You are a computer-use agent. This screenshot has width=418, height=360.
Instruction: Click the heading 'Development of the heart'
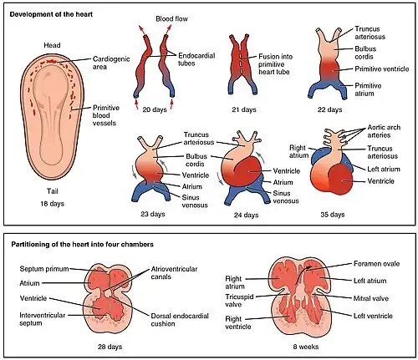(51, 14)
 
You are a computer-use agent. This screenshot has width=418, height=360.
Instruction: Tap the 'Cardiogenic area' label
(111, 63)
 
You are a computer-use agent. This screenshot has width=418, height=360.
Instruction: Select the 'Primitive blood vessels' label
(106, 115)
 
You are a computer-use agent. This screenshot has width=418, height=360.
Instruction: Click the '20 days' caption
(155, 109)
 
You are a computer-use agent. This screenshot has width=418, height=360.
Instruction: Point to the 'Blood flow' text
(171, 19)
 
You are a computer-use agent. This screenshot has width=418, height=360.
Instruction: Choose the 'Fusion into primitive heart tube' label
(275, 64)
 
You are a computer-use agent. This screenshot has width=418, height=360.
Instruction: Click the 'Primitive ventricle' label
(382, 69)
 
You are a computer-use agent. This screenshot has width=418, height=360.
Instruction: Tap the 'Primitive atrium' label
(368, 89)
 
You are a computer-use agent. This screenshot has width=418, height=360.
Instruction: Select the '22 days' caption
(330, 109)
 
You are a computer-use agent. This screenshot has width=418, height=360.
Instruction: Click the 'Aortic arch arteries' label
(384, 131)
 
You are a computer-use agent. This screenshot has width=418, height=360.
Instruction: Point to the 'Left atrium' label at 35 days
(384, 169)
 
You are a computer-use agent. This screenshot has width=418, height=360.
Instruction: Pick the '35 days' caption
(333, 215)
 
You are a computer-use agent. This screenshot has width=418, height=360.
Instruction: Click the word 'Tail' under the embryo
(53, 191)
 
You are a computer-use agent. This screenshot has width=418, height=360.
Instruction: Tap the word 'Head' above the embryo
(52, 45)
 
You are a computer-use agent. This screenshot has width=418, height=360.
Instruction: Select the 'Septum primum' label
(44, 269)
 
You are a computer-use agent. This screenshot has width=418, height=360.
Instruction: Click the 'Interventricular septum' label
(43, 319)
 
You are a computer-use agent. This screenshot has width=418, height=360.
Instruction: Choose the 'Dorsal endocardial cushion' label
(180, 320)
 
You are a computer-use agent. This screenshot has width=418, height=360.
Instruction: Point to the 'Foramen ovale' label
(376, 264)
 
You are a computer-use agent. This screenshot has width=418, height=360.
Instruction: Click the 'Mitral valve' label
(371, 298)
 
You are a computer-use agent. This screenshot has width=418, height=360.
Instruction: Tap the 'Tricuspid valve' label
(239, 301)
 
